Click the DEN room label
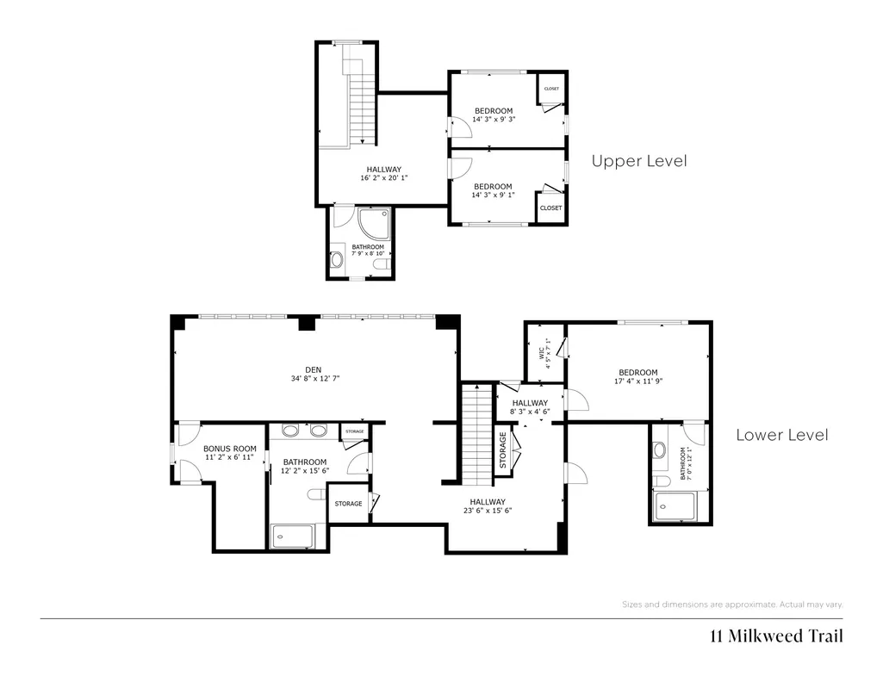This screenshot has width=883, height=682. [313, 369]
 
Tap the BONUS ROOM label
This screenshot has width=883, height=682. [230, 449]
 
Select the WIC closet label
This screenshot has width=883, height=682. [542, 353]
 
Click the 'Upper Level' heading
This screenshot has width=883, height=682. [639, 161]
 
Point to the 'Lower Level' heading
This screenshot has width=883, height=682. [782, 435]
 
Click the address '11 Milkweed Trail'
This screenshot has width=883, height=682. [776, 635]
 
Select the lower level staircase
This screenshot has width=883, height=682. [477, 434]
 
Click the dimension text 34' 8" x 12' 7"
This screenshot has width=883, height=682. [315, 379]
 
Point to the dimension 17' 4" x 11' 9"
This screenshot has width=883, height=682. [638, 381]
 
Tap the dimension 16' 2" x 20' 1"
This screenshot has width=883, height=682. [384, 177]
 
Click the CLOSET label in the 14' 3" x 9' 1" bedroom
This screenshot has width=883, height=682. [550, 208]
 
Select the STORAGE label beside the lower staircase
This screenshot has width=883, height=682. [503, 450]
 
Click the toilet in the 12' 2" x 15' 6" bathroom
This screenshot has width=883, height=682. [316, 494]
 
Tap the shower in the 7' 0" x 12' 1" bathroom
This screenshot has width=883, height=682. [674, 506]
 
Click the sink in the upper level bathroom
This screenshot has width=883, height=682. [337, 259]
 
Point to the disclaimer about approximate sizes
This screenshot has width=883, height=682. [732, 604]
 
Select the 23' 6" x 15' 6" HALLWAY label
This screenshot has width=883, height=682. [488, 506]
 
